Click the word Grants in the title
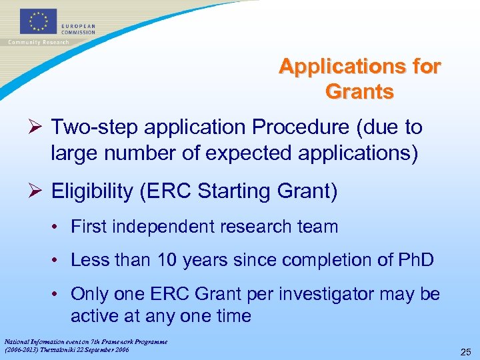(x=359, y=91)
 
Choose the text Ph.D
(x=415, y=259)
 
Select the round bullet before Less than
(x=58, y=260)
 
